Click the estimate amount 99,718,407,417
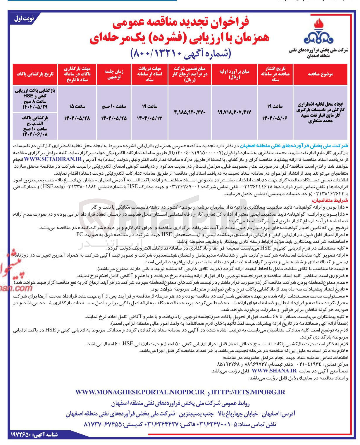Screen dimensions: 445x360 [234, 112]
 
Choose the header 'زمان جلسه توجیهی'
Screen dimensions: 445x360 [114, 74]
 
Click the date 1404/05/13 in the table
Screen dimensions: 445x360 [149, 118]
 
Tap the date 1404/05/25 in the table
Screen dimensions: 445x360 [114, 118]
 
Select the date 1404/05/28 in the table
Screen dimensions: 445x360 [77, 118]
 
